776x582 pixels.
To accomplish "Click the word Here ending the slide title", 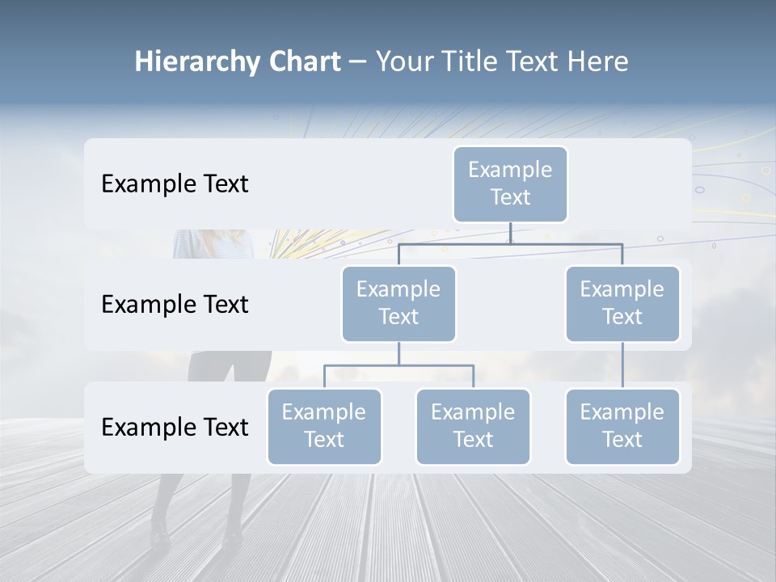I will (x=599, y=61).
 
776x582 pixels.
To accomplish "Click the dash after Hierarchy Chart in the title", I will (x=357, y=62).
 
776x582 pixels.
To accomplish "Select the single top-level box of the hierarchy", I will (x=510, y=183).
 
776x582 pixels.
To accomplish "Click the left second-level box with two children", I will (x=399, y=303).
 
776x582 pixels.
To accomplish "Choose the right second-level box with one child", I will (x=622, y=303).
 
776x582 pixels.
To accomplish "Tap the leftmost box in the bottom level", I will (x=324, y=426).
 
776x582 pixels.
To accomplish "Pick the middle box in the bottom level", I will (x=473, y=426).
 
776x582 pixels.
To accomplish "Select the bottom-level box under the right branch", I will (x=622, y=426).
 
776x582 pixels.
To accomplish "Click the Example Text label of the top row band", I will (x=175, y=183).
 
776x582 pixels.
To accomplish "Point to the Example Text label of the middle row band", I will (x=175, y=304).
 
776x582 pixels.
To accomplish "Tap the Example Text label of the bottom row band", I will (x=175, y=427).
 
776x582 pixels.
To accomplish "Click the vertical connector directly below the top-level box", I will (x=510, y=233).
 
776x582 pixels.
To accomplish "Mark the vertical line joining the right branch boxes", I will (x=622, y=365).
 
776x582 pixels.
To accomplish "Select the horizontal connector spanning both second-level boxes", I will (x=510, y=243).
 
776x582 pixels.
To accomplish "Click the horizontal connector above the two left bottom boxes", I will (x=399, y=365).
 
